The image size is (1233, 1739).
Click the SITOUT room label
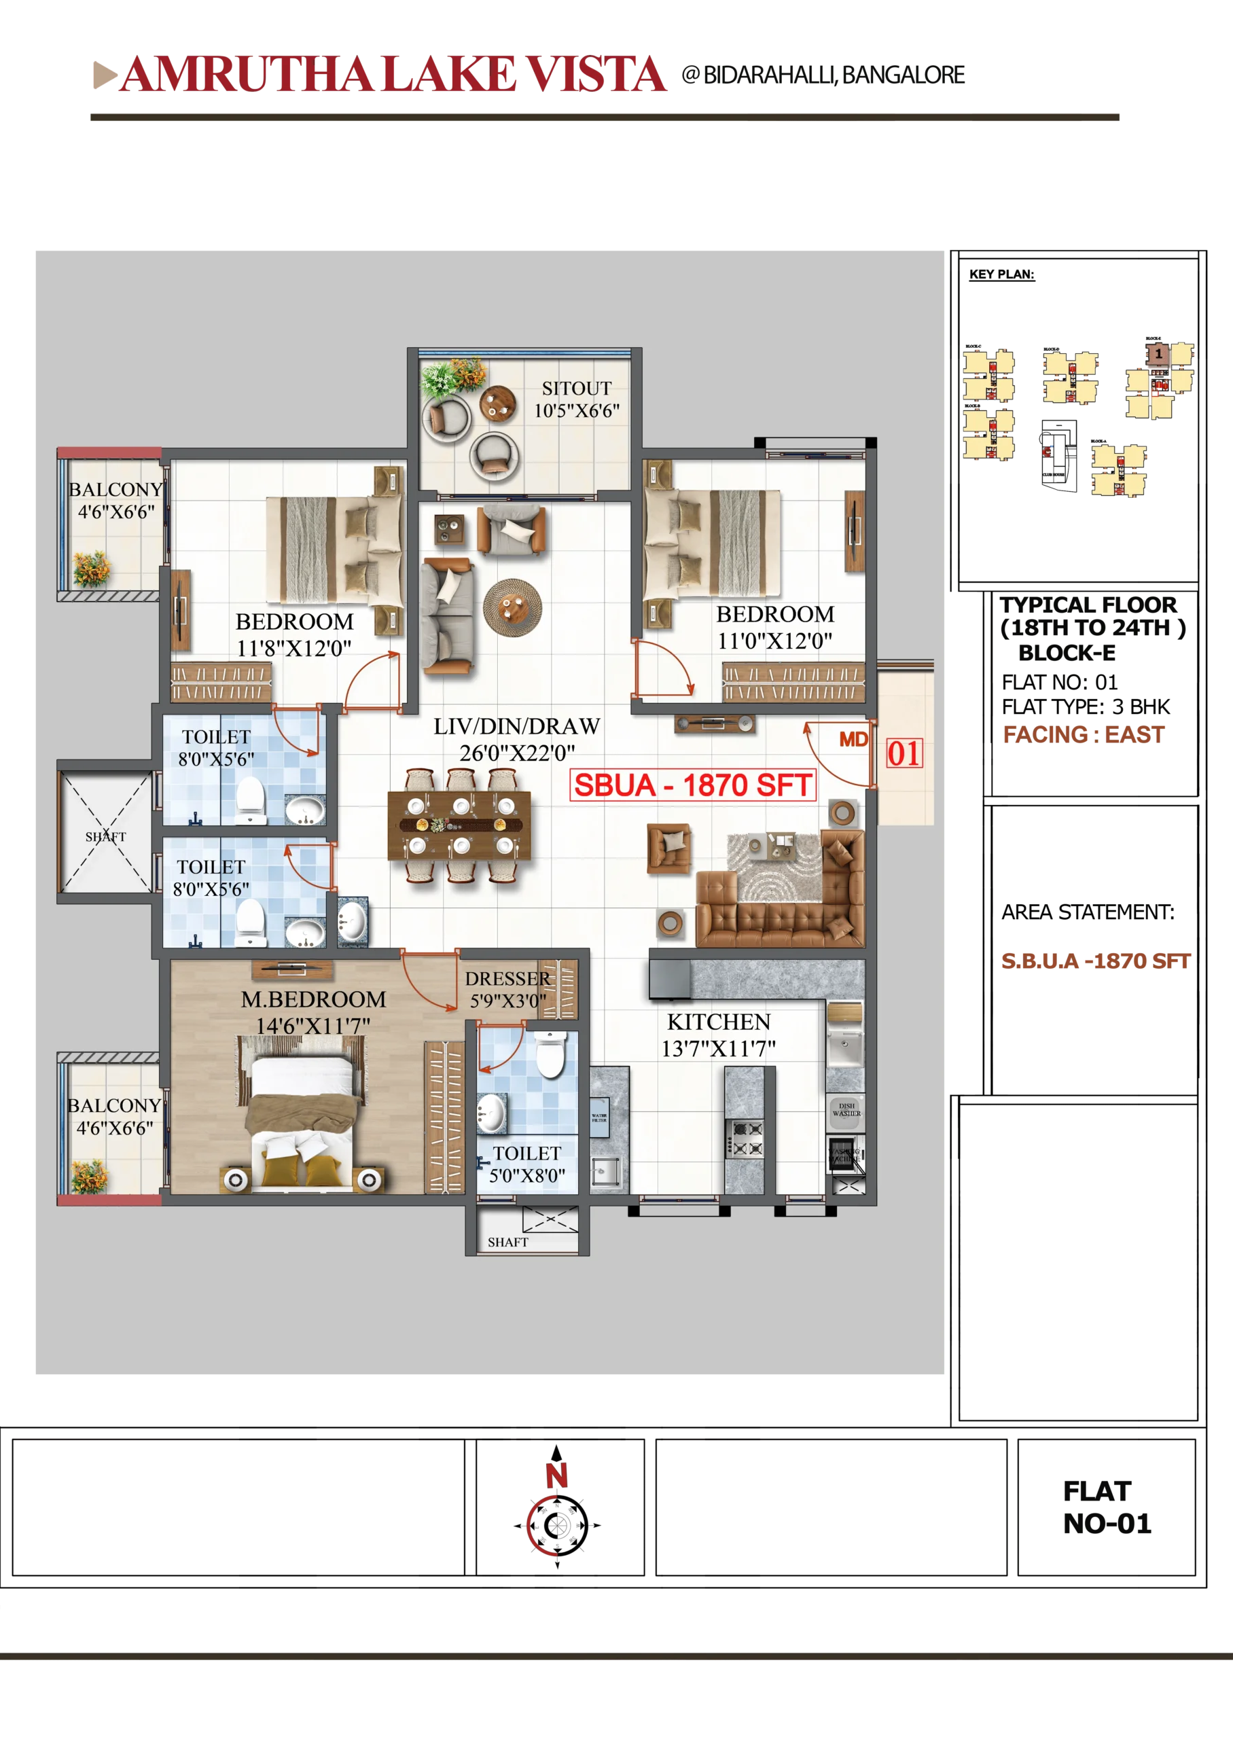point(576,389)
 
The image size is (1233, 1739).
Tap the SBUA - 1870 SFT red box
point(692,785)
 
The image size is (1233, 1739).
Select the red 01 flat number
point(904,754)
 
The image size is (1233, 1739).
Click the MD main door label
point(853,739)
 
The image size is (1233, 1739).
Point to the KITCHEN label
point(718,1022)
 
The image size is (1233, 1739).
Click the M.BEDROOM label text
point(314,999)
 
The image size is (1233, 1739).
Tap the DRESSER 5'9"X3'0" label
point(507,990)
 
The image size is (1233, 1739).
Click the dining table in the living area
point(459,826)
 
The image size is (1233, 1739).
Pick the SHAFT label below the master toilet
point(507,1242)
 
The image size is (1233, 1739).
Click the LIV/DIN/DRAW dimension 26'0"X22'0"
point(517,753)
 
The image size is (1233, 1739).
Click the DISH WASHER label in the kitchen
point(846,1109)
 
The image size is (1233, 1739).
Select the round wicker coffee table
point(512,607)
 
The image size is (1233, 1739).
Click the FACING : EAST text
point(1083,735)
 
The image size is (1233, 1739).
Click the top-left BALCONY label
point(115,490)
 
